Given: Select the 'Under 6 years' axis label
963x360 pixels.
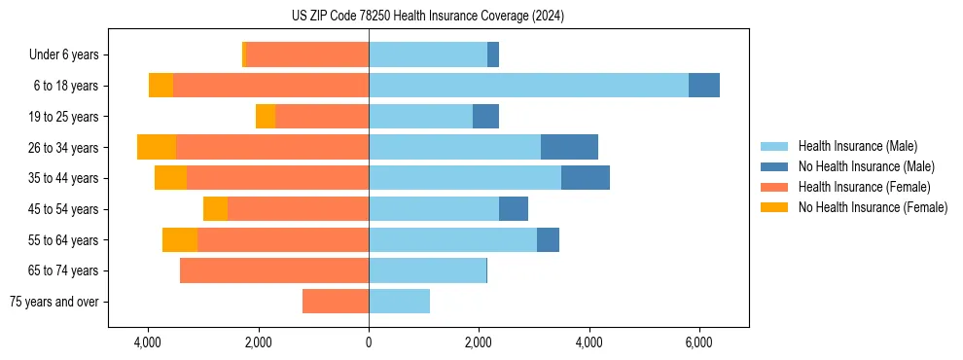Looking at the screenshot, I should tap(64, 54).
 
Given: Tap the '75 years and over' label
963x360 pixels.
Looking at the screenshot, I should tap(53, 302).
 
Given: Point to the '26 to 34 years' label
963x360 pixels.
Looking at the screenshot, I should tap(63, 148).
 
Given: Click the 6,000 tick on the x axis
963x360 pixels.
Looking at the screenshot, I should tap(699, 342).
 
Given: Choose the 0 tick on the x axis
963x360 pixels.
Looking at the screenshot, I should tap(369, 342).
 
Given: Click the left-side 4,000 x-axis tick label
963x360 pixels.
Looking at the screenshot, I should tap(148, 342).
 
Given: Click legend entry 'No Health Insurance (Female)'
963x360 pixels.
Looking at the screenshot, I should tap(873, 207).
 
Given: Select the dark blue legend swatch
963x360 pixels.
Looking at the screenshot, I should tap(775, 166).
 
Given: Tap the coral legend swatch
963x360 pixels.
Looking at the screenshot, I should tap(775, 187).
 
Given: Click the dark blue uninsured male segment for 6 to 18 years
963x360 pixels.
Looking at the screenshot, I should tap(704, 86).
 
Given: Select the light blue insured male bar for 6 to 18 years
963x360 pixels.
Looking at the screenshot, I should tap(528, 86).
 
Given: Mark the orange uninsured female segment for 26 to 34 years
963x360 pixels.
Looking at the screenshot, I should tap(157, 147).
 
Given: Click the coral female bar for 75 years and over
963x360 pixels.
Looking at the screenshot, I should tap(336, 302).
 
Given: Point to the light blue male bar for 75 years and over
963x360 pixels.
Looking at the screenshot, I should tap(399, 302).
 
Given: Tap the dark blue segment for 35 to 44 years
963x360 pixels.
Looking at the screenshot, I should tap(586, 178).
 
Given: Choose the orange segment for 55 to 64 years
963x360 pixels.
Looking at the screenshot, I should tap(180, 239).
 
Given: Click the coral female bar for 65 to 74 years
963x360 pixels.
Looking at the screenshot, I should tap(274, 270).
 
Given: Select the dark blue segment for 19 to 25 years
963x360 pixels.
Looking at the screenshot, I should tap(485, 117).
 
